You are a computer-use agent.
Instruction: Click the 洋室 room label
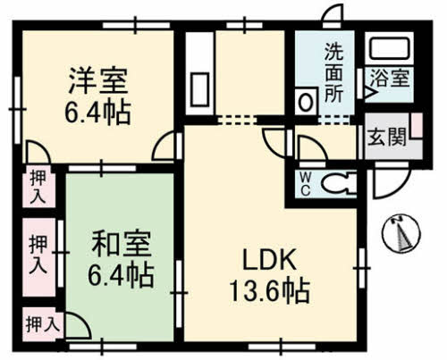97,83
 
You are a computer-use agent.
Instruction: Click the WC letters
305,182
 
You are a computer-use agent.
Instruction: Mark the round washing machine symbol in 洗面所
306,102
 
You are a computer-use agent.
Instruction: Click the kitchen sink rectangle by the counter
198,90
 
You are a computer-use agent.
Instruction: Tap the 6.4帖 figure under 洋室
97,113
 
